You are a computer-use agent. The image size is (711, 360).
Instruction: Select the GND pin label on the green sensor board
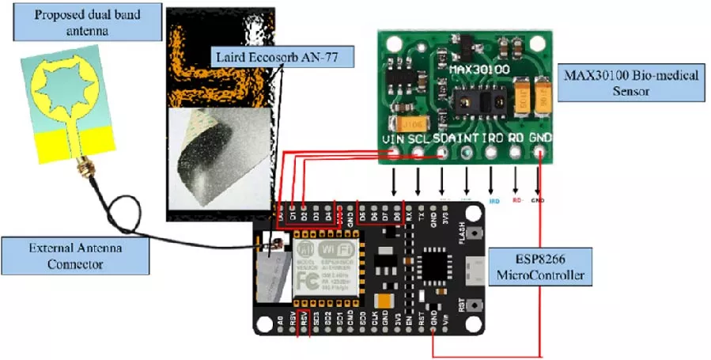[x=541, y=139]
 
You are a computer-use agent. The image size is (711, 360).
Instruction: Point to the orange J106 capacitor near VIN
[x=415, y=123]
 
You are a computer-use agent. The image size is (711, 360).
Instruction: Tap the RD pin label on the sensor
[x=516, y=139]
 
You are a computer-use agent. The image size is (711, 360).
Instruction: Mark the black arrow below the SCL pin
[x=418, y=184]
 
